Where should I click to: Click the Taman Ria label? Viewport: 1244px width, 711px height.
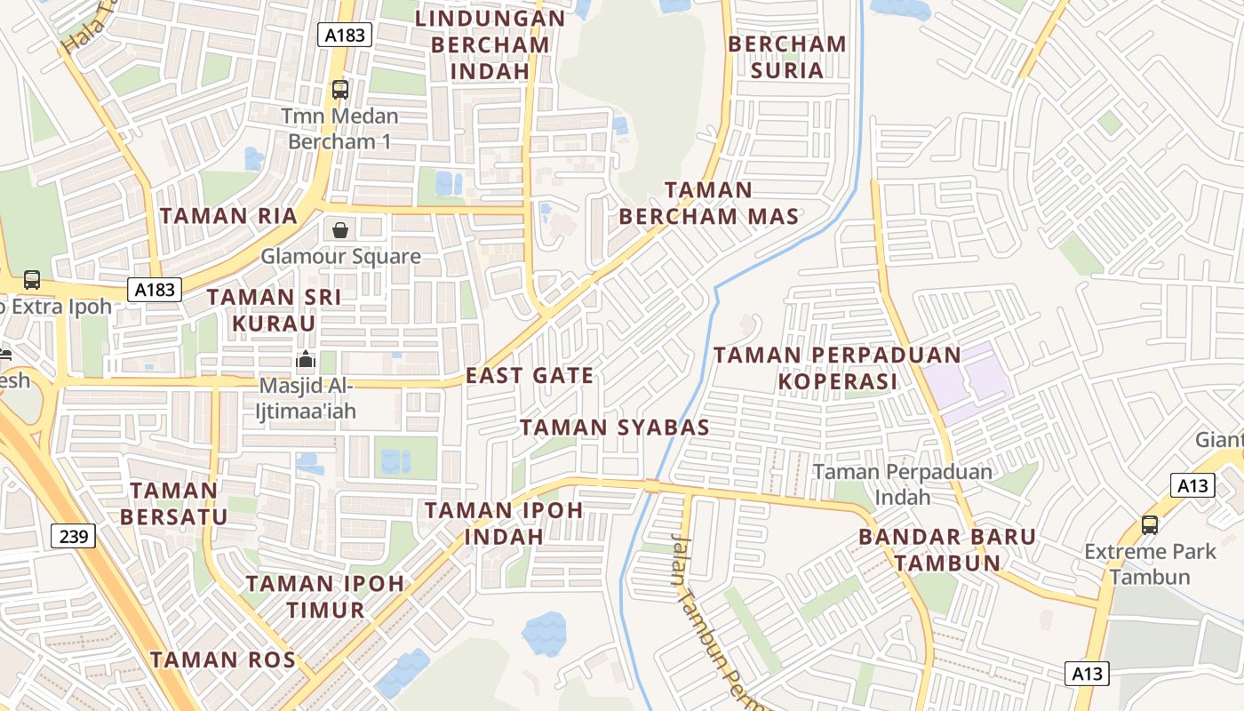point(216,216)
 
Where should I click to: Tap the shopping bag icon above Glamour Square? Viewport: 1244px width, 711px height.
point(340,231)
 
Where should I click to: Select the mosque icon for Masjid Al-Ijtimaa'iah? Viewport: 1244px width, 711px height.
point(306,360)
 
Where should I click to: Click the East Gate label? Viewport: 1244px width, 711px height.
point(530,376)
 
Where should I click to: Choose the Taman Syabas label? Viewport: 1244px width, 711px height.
point(615,427)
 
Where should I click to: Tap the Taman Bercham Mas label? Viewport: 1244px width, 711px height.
point(709,204)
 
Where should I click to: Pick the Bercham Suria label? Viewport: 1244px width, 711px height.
point(787,57)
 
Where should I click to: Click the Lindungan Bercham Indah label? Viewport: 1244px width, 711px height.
point(490,44)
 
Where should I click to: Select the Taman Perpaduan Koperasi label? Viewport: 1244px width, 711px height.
point(837,368)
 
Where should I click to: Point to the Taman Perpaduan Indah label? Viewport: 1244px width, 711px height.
point(903,484)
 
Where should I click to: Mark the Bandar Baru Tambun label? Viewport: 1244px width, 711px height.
point(947,549)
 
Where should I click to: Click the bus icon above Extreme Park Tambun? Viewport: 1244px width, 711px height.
point(1150,524)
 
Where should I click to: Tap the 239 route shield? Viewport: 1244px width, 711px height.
point(74,536)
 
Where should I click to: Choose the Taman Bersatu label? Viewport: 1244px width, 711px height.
point(174,503)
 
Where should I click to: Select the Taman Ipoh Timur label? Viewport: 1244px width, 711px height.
point(325,596)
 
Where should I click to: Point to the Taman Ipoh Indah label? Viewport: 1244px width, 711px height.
point(504,523)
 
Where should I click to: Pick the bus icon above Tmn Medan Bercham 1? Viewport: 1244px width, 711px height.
point(340,89)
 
